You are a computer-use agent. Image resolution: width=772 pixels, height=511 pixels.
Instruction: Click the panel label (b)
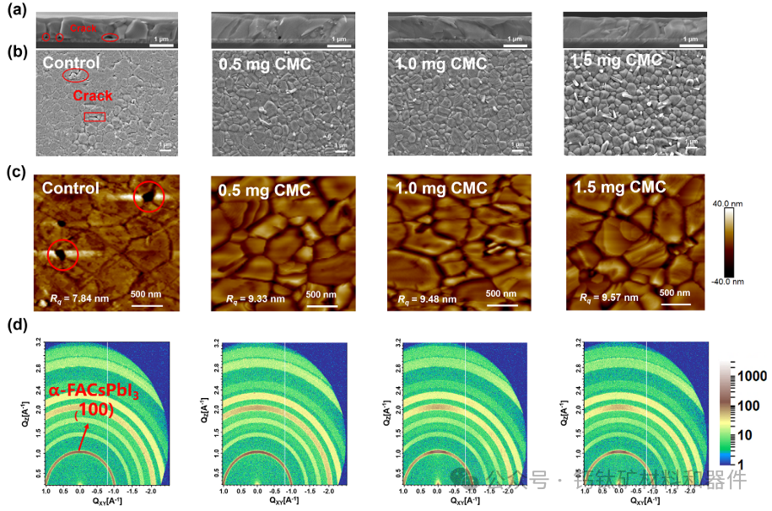(x=14, y=51)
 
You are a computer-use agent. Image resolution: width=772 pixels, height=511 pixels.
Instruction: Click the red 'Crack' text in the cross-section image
(x=84, y=29)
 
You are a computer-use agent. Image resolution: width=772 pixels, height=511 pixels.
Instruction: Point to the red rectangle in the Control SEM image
(x=94, y=117)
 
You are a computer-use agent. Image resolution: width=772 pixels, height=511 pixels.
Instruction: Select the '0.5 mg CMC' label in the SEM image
(x=264, y=64)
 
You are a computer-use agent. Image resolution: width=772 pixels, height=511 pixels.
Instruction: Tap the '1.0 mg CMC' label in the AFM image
(x=441, y=188)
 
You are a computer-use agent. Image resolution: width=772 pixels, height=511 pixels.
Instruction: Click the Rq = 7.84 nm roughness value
(x=71, y=298)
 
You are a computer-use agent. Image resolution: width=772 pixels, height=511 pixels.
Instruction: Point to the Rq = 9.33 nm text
(x=256, y=299)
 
